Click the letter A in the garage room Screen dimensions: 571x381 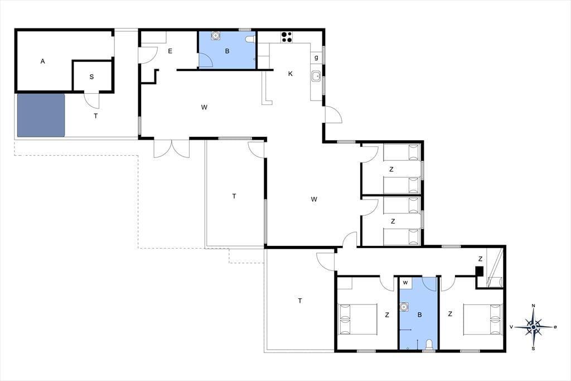42,61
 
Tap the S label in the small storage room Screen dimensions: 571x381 91,77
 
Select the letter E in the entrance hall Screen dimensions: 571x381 170,51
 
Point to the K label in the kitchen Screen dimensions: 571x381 290,74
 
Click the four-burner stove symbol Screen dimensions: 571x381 286,37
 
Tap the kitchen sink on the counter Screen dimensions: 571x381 316,77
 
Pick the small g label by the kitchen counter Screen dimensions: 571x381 316,58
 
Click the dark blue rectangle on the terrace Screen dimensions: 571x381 41,115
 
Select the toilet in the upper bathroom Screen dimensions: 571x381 250,39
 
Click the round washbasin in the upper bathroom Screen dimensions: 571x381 216,35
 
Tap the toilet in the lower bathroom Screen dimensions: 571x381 429,344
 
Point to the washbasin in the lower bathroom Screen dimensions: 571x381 404,307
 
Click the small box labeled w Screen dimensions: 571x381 405,283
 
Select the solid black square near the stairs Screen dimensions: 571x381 480,271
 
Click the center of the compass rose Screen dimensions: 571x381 534,327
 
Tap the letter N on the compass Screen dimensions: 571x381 534,306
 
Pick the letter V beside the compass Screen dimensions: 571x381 511,327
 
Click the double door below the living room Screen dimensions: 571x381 172,149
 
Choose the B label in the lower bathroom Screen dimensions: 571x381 419,315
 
